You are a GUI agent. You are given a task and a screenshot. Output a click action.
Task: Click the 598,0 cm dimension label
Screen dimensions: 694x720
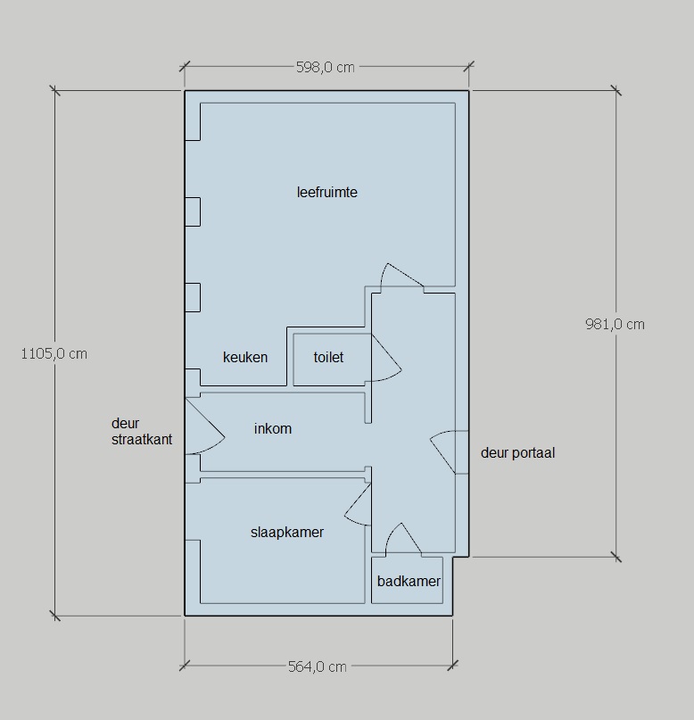325,68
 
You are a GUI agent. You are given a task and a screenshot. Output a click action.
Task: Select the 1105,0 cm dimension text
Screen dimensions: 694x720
54,353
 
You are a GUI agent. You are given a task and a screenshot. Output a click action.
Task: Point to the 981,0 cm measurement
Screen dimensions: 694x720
615,324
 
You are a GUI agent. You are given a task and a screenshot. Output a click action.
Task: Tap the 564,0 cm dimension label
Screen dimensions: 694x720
318,666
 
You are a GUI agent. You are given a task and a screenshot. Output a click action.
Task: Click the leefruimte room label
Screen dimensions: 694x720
326,192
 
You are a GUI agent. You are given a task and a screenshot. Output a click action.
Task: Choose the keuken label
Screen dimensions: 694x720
245,357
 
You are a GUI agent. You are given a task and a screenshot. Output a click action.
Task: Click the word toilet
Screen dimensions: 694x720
328,357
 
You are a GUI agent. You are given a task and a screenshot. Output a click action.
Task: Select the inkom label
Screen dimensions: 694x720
273,428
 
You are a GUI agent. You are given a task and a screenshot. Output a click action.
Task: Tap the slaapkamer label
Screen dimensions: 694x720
287,533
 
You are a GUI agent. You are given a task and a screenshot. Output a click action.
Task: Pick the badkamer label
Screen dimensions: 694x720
409,582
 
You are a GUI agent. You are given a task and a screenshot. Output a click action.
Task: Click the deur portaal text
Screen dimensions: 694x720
517,453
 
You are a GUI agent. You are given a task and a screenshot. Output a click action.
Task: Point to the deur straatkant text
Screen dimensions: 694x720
141,431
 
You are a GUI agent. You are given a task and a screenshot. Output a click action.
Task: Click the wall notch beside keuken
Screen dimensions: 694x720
193,377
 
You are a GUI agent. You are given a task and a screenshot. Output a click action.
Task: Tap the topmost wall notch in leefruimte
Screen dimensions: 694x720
193,121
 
